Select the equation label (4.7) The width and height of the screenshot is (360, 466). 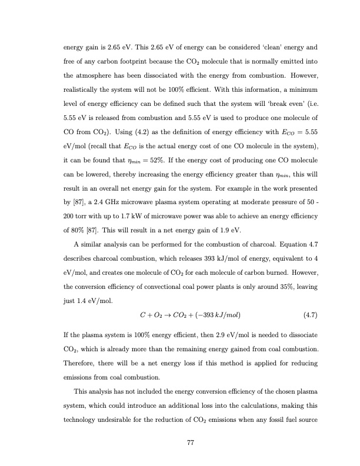(310, 314)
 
